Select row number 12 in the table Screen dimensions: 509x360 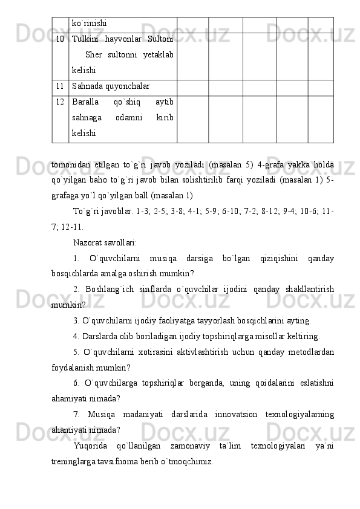click(x=59, y=102)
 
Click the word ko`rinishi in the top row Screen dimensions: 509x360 click(x=90, y=23)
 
